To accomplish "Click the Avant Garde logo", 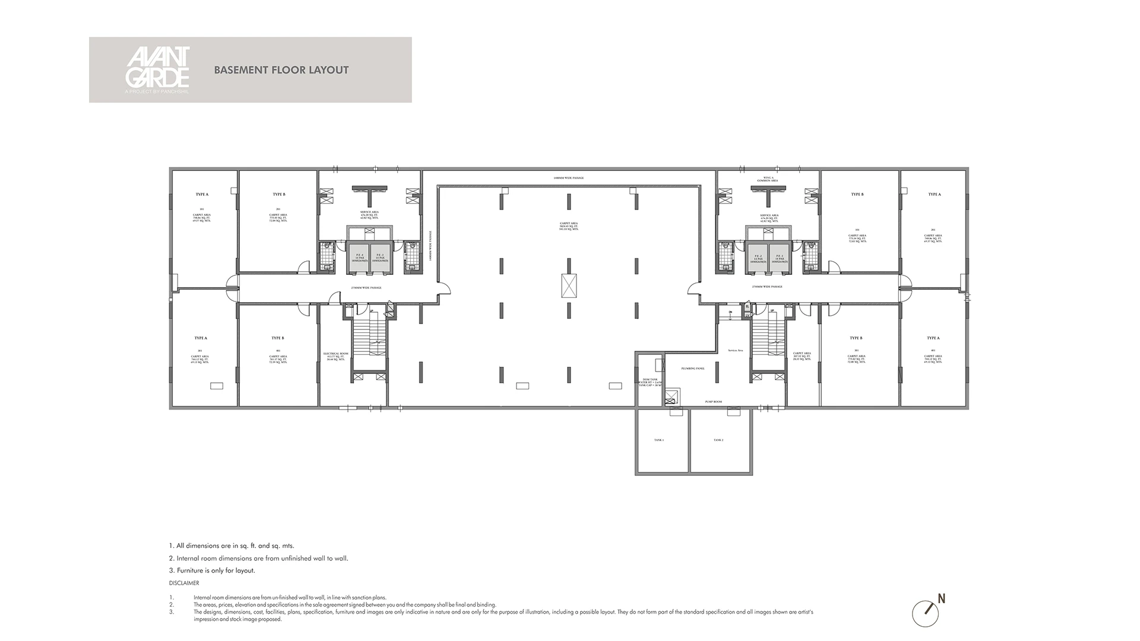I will tap(157, 69).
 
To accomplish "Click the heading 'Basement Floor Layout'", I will tap(281, 70).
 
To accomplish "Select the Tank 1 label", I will tap(659, 440).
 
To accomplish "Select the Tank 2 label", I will tap(718, 440).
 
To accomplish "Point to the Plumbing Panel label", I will tap(693, 369).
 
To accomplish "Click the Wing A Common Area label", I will tap(767, 179).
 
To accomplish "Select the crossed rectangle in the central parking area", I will tap(569, 286).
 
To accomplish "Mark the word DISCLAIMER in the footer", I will tap(184, 583).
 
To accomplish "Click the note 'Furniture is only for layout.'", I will tap(212, 570).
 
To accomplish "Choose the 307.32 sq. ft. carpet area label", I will tap(802, 356).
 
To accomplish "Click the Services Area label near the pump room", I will tap(735, 351).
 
